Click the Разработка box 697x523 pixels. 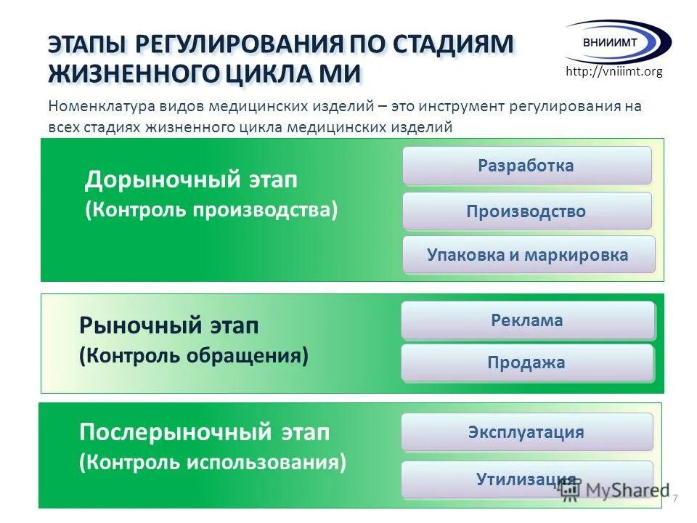coord(526,166)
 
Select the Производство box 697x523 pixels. coord(526,211)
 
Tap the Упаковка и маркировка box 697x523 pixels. coord(528,255)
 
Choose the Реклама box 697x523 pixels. coord(527,320)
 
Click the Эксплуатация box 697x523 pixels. coord(526,432)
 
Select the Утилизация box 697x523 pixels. coord(526,479)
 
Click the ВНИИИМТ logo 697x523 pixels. coord(617,41)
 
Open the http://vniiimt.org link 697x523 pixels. coord(614,71)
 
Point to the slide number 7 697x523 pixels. coord(675,498)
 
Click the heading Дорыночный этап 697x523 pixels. coord(192,179)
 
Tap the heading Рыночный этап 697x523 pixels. coord(168,326)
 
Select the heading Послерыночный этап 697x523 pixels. coord(204,433)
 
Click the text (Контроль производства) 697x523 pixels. coord(211,210)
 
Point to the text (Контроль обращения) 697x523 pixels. coord(194,356)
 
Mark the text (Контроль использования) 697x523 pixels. coord(213,462)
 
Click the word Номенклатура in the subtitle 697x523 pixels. coord(95,106)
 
